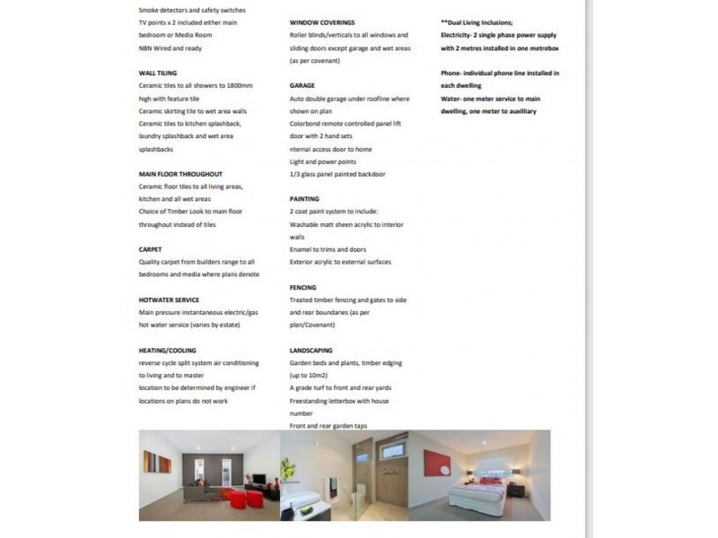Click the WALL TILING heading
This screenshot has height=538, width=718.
pos(157,73)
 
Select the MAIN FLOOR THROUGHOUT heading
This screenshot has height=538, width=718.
pos(180,174)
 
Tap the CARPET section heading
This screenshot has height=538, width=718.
pos(150,249)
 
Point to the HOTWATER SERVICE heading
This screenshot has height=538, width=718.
pos(169,299)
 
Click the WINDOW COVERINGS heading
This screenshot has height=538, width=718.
pos(321,22)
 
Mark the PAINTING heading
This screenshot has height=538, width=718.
pos(304,199)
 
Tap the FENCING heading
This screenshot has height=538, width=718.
pos(302,288)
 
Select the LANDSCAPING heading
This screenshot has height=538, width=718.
pos(311,351)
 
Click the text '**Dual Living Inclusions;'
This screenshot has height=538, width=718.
pos(477,22)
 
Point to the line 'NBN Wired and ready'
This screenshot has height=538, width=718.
pos(170,48)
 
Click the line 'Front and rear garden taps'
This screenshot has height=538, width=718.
pos(328,426)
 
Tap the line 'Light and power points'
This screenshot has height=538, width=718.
pos(323,161)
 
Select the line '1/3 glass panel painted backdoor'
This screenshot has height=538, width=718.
pos(337,174)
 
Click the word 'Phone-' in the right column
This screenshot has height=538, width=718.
pos(451,73)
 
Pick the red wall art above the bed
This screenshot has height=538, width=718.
pos(437,464)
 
